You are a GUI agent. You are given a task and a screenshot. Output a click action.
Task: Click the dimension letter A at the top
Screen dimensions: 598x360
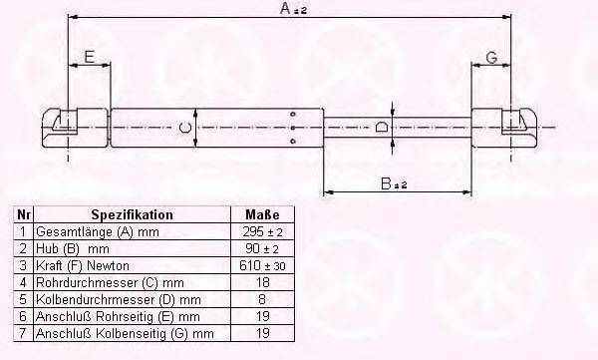286,8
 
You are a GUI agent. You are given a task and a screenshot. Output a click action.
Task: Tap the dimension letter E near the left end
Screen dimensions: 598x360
89,57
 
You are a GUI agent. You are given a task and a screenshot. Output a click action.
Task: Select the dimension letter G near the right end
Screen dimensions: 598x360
492,58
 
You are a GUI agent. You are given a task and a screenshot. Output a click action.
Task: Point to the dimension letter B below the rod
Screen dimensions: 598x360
387,184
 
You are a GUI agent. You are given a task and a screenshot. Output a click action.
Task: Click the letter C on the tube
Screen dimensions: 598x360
185,127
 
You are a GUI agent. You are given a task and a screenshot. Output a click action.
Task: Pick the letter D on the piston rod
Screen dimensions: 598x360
382,127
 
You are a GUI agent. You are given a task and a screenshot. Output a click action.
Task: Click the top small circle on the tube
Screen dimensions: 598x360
293,114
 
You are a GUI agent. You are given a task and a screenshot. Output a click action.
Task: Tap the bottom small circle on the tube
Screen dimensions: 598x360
293,142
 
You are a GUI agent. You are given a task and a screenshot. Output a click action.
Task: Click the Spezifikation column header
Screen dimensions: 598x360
132,215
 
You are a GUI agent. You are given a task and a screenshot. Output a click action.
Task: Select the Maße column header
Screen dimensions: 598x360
262,215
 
